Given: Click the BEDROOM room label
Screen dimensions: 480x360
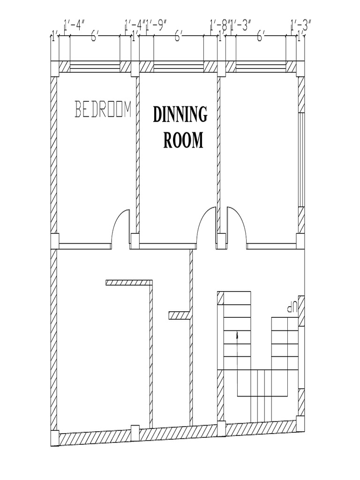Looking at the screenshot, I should coord(103,109).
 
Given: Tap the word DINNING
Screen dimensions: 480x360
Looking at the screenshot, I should coord(180,114).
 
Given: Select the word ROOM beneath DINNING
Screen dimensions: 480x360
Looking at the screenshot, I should coord(183,140).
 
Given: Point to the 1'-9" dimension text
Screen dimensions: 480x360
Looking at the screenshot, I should coord(157,25).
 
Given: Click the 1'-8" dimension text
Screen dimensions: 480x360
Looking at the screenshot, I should coord(219,25).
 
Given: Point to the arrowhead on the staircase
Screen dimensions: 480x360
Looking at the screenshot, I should coord(238,335).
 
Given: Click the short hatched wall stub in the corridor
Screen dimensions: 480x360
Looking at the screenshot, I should coord(179,315).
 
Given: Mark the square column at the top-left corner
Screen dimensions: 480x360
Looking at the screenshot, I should coord(54,68).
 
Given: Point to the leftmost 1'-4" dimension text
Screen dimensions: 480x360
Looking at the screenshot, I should coord(74,25).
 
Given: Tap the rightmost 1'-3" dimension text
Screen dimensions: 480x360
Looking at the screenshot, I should coord(301,25).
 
